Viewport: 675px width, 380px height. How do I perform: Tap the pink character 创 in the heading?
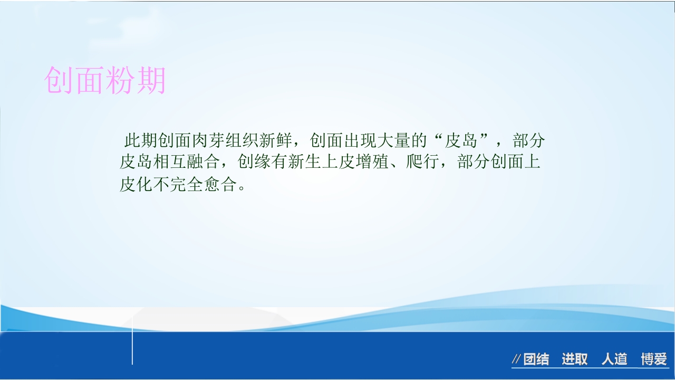point(59,80)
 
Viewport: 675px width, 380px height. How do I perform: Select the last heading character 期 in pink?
point(151,80)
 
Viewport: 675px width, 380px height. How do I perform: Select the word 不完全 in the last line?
point(179,185)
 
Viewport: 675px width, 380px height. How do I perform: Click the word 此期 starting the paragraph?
point(141,140)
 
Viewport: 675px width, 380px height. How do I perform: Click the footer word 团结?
point(536,359)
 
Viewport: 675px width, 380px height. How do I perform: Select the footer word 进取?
point(574,359)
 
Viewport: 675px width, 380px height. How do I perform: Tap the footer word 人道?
point(614,359)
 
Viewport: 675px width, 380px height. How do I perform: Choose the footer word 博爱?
point(654,359)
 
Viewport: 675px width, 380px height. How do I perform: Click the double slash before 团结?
point(517,359)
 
